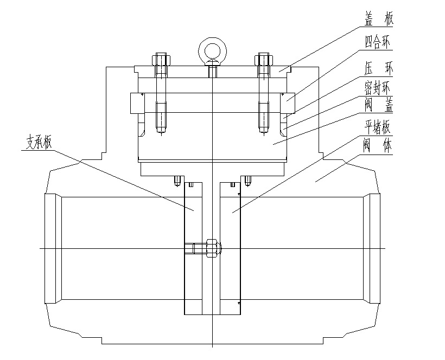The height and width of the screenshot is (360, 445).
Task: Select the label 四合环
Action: (379, 41)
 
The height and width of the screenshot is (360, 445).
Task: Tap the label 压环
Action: (379, 63)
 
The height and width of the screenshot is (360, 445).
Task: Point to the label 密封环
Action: (379, 86)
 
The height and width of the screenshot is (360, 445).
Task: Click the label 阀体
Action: (379, 146)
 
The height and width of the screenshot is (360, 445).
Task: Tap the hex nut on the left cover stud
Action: (161, 59)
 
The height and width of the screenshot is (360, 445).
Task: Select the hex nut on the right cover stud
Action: (264, 59)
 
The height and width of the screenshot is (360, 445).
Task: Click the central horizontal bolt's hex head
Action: (213, 248)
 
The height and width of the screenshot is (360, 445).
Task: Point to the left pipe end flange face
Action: (53, 248)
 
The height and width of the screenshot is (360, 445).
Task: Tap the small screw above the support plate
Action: (177, 181)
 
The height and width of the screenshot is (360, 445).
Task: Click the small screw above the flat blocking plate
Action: (248, 181)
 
